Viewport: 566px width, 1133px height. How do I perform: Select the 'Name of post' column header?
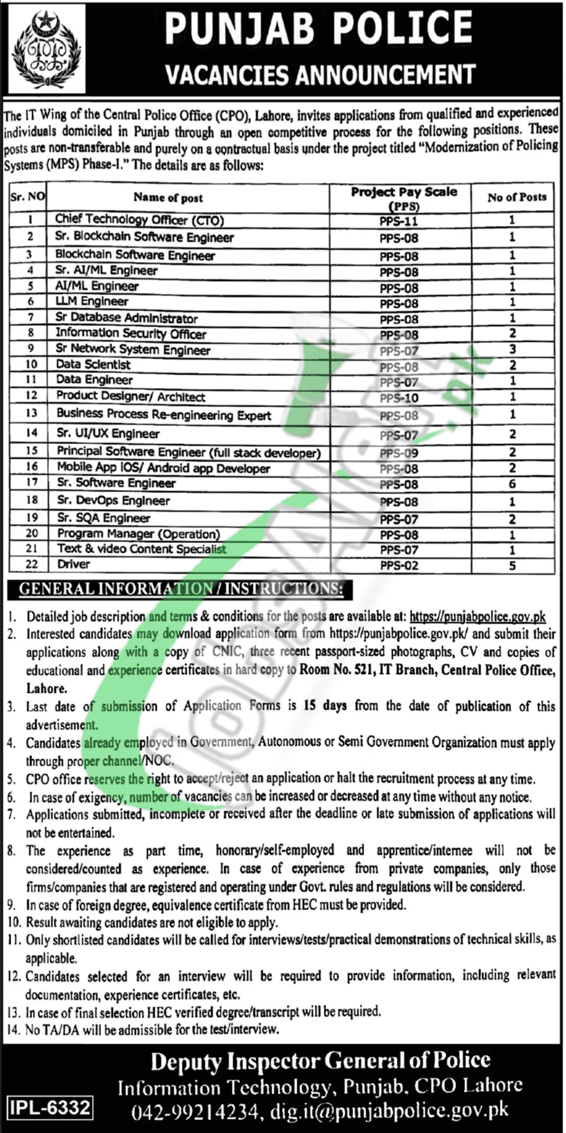pos(168,198)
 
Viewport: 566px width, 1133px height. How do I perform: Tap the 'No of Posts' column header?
pos(517,197)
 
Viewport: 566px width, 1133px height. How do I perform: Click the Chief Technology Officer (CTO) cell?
pos(140,220)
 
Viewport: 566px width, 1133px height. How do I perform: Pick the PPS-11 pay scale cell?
pos(399,221)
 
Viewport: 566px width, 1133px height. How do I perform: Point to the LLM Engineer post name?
pos(92,301)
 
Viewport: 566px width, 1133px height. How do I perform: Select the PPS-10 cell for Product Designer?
pos(399,398)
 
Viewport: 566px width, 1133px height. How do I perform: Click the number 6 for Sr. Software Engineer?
pos(512,484)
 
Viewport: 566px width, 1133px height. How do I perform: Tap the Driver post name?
pos(74,564)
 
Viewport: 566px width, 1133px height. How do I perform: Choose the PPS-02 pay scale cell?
pos(399,565)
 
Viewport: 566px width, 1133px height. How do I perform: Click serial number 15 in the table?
pos(32,451)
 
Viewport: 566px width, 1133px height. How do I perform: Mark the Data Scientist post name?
pos(93,364)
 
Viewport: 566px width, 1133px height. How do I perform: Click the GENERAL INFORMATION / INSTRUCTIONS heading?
pos(181,589)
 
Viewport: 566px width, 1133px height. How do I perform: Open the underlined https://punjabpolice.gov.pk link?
pos(477,616)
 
